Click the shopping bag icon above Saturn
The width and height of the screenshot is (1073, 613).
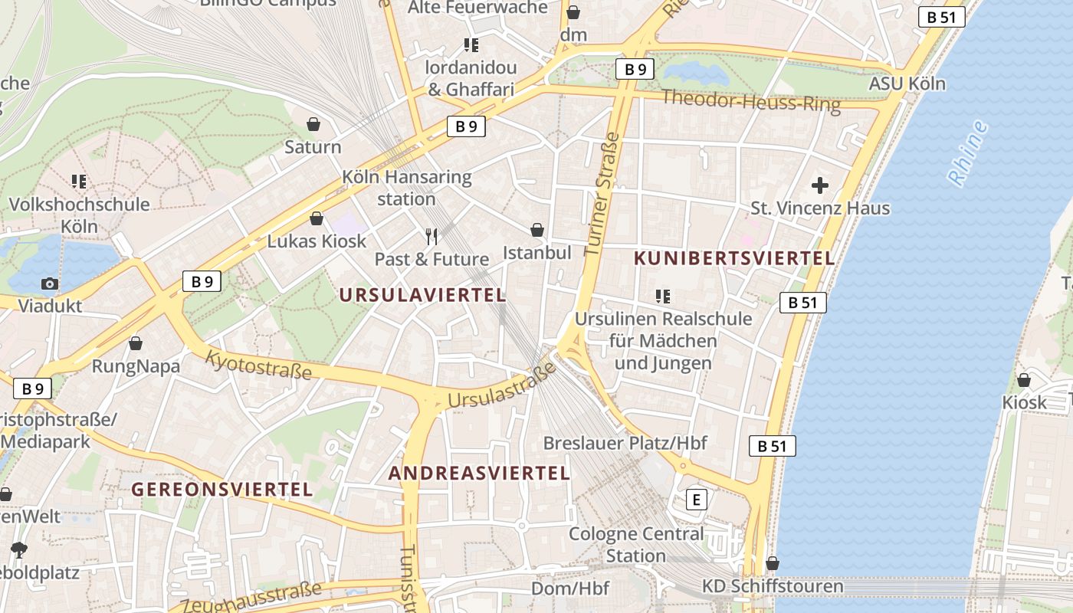[313, 124]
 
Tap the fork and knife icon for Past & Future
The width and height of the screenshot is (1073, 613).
[431, 236]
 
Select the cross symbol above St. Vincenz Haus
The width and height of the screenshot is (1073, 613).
[820, 185]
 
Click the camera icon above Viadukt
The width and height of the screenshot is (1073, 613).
[50, 284]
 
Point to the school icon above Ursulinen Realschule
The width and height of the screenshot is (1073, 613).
[663, 296]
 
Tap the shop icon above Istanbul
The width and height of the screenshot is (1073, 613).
[537, 230]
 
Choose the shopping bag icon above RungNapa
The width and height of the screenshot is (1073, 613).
[136, 343]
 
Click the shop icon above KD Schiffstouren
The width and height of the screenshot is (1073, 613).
[773, 564]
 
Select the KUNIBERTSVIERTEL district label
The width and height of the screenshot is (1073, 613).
[734, 259]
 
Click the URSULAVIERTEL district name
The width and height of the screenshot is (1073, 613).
[422, 295]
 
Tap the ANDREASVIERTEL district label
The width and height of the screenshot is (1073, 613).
[479, 474]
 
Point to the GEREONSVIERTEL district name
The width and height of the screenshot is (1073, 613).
[222, 489]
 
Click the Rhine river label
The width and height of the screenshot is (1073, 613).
[968, 153]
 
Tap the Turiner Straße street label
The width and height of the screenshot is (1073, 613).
[602, 194]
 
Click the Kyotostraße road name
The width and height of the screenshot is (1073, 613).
[259, 365]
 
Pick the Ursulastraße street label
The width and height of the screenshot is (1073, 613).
[501, 388]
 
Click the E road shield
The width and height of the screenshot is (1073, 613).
[696, 500]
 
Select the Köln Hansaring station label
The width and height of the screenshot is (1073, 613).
[406, 188]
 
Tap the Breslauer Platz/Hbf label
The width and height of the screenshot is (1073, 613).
[625, 443]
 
